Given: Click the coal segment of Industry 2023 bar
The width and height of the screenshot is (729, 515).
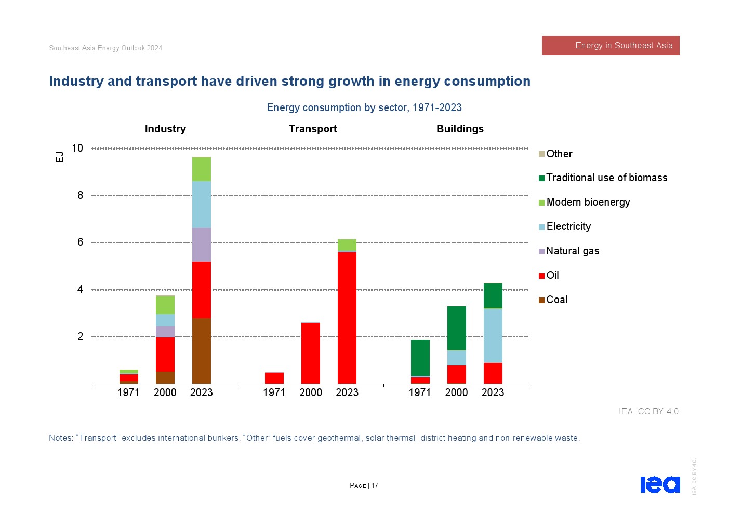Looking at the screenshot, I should [202, 350].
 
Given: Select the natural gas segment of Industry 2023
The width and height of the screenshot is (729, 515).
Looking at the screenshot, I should [202, 245].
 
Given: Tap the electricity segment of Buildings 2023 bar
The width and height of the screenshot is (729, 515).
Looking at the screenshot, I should [493, 335].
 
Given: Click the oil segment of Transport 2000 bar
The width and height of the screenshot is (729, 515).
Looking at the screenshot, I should [311, 353].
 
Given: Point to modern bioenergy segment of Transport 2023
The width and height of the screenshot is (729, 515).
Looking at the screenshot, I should [347, 245].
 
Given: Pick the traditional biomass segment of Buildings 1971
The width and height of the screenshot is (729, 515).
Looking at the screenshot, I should [420, 357].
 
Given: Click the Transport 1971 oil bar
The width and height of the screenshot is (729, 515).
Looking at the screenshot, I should [274, 378].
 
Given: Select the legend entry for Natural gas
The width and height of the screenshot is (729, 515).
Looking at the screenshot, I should [569, 251].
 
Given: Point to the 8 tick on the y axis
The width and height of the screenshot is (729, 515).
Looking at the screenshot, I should [80, 196].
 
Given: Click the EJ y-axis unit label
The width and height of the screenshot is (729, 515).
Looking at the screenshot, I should [60, 157].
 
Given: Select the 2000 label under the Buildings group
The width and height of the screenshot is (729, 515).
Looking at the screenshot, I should [456, 393].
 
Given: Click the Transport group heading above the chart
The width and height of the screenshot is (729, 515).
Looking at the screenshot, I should [313, 129].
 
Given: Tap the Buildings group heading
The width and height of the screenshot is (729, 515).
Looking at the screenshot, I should [460, 129].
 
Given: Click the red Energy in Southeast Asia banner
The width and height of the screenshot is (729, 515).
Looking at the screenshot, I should [611, 46].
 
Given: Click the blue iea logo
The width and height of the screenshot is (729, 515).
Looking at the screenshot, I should [660, 484].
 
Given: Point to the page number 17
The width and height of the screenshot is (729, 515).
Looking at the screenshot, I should [375, 486].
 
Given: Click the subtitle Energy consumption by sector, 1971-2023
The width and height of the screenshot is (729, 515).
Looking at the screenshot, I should [364, 108].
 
